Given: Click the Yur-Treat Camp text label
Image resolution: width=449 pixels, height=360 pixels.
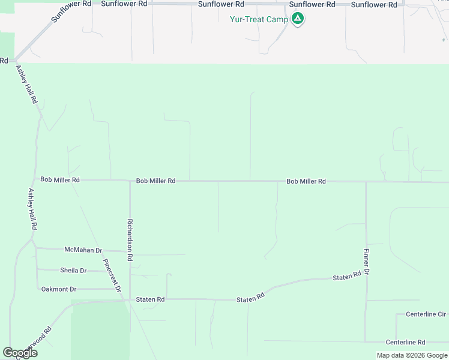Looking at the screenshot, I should [259, 19].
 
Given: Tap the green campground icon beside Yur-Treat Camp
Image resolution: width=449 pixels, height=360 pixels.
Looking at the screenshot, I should [297, 19].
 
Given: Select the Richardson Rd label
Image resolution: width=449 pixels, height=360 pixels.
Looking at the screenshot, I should [129, 240].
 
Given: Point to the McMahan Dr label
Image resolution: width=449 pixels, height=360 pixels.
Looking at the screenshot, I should [83, 250].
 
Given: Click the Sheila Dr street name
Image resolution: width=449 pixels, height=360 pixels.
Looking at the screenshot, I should [73, 271].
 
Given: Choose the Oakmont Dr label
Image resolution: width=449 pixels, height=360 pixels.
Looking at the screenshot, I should [59, 289].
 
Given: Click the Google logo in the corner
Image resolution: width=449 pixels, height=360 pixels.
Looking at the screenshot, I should [20, 353].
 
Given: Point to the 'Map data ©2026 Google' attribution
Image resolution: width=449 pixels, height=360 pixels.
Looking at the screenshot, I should [412, 355].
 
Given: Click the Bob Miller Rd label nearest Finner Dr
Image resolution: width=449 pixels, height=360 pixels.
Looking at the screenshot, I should [306, 181].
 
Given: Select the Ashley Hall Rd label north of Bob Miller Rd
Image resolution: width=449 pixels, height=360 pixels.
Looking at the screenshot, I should [26, 85].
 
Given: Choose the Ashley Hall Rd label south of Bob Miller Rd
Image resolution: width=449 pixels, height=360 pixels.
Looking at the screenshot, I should [32, 209].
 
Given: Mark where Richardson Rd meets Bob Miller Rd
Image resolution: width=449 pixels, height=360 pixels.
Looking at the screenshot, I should [130, 180].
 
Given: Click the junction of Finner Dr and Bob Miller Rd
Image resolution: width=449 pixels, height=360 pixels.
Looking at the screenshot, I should [366, 182].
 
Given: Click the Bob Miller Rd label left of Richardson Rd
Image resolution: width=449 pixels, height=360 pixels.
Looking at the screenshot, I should [60, 179].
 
